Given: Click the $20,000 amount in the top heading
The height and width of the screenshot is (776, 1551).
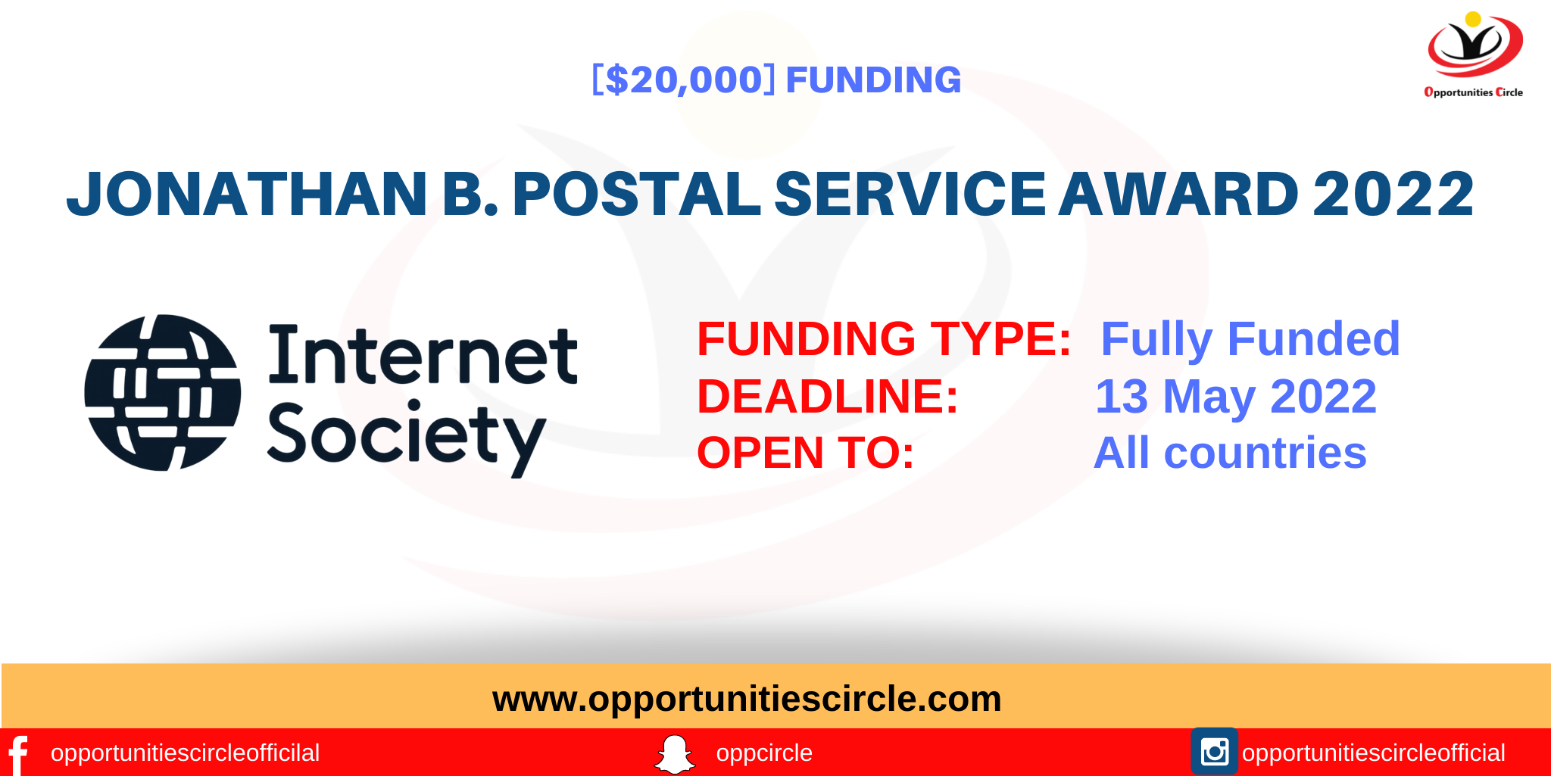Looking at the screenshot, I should (x=684, y=79).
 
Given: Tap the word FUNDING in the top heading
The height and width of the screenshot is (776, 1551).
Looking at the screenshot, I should (x=873, y=79).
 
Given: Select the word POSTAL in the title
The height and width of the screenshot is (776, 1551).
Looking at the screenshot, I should (x=636, y=194).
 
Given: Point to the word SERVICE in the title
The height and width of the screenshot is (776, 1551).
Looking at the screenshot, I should (x=910, y=194).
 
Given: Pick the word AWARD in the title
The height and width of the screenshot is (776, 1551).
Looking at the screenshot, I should (x=1178, y=194).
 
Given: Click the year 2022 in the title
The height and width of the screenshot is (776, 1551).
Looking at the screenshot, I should (x=1393, y=194).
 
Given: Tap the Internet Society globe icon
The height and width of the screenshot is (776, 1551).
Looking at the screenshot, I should (x=163, y=392).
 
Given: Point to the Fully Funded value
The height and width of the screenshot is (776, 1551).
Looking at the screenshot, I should (x=1250, y=338).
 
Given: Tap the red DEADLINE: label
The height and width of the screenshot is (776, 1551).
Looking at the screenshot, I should (x=828, y=396).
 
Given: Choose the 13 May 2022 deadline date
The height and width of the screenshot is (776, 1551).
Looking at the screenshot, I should (x=1235, y=396).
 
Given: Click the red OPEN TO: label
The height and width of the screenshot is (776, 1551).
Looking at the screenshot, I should (x=806, y=453).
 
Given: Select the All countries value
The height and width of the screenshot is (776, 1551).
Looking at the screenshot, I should (x=1230, y=453).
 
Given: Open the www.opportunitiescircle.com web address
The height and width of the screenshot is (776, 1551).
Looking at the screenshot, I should (x=747, y=698).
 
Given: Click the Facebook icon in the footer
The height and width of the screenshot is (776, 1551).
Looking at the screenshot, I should (x=18, y=754).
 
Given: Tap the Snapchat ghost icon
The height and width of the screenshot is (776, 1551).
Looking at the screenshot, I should (x=674, y=754).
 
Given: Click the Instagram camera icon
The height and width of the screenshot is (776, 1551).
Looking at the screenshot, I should (x=1214, y=752).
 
